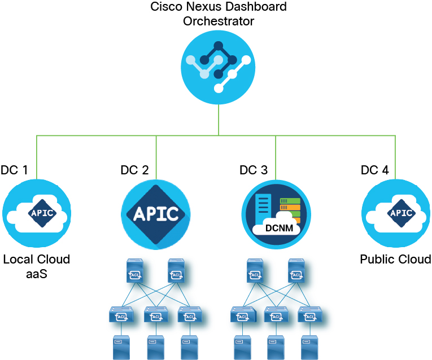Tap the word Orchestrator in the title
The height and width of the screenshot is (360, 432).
(219, 21)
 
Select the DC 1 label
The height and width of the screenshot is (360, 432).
(14, 170)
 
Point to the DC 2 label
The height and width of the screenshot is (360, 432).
(134, 170)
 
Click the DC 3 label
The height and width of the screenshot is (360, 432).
(254, 170)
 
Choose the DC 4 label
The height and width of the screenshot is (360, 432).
(374, 170)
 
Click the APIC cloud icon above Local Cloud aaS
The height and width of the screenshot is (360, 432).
(37, 213)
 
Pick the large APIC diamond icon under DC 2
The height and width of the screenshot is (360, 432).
(156, 214)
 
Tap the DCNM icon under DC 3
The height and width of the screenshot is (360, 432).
(276, 214)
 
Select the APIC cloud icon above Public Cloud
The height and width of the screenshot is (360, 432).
(395, 213)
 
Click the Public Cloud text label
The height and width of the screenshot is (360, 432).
(395, 260)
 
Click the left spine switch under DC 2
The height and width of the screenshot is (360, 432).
(136, 271)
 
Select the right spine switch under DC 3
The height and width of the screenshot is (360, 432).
(296, 271)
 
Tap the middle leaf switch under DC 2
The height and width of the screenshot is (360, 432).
(155, 315)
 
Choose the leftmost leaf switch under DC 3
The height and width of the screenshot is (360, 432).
(242, 315)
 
